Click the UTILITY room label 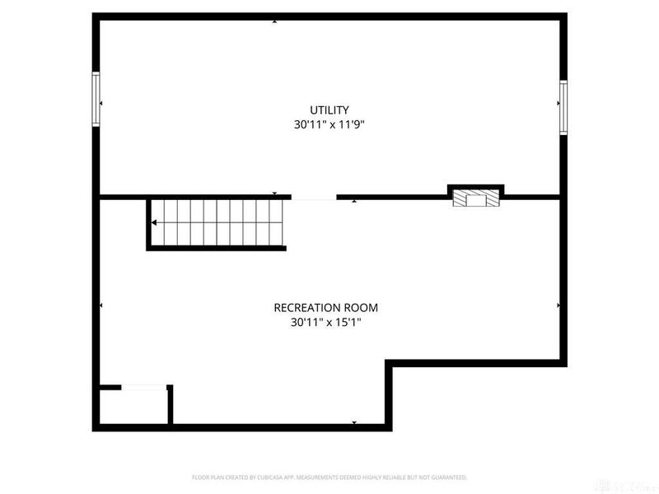[329, 110]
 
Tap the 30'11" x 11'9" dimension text [329, 125]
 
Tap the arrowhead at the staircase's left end [154, 222]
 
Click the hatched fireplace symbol [475, 198]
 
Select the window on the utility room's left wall [96, 99]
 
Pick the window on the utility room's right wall [563, 107]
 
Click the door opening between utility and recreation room [314, 198]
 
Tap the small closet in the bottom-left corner [133, 406]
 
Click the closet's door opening [144, 386]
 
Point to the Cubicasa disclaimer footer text [329, 478]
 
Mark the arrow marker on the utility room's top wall [275, 21]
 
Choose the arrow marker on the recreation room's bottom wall [354, 422]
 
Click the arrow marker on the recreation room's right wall [559, 305]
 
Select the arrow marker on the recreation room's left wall [101, 305]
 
